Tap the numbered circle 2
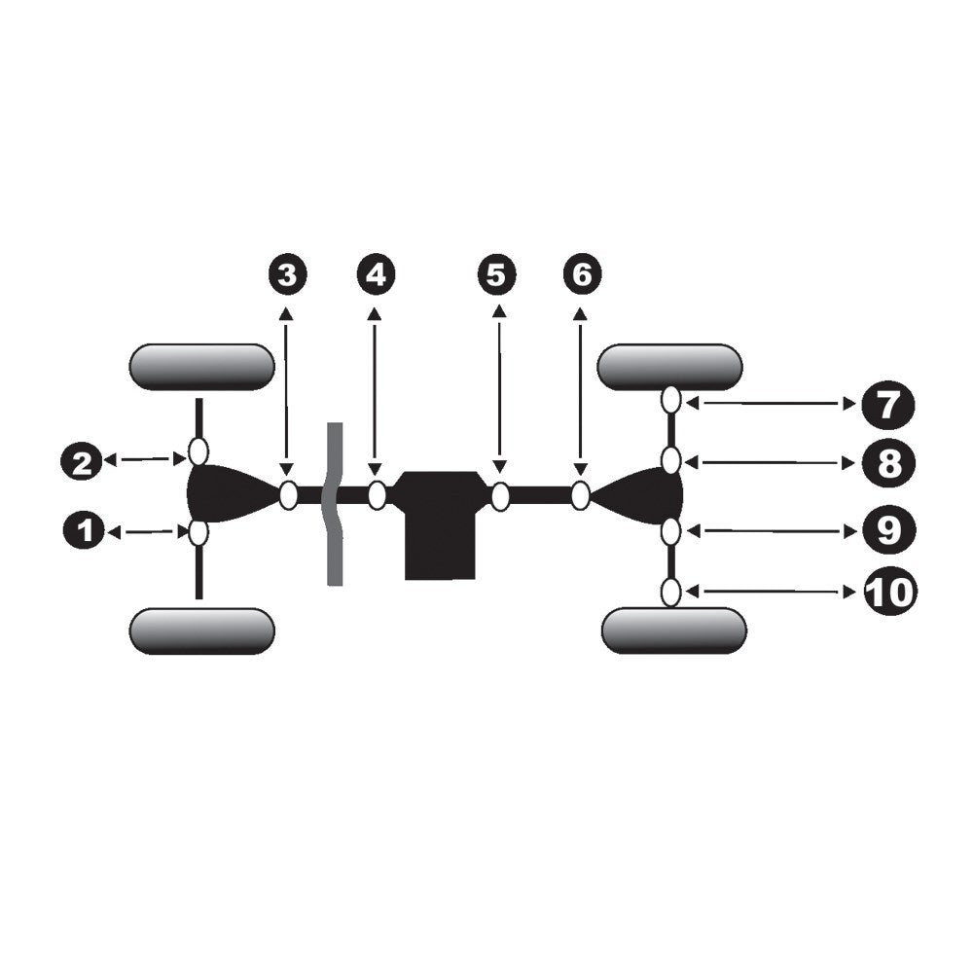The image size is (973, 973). pyautogui.click(x=82, y=462)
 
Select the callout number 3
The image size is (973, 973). pyautogui.click(x=287, y=274)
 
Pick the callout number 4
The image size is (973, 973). pyautogui.click(x=376, y=274)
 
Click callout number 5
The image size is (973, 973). pyautogui.click(x=496, y=274)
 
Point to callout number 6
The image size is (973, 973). pyautogui.click(x=582, y=274)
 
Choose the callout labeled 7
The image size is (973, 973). pyautogui.click(x=887, y=405)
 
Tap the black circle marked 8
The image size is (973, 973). pyautogui.click(x=888, y=463)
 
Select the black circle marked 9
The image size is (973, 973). pyautogui.click(x=888, y=530)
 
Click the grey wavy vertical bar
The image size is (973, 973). pyautogui.click(x=335, y=504)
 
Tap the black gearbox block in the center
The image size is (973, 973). pyautogui.click(x=440, y=524)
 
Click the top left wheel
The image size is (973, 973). pyautogui.click(x=201, y=367)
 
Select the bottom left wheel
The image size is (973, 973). pyautogui.click(x=201, y=631)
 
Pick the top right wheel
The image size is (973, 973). pyautogui.click(x=669, y=367)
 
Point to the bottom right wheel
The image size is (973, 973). pyautogui.click(x=674, y=631)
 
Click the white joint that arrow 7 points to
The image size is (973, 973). pyautogui.click(x=670, y=399)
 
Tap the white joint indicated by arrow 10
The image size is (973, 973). pyautogui.click(x=670, y=592)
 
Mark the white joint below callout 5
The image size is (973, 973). pyautogui.click(x=500, y=496)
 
